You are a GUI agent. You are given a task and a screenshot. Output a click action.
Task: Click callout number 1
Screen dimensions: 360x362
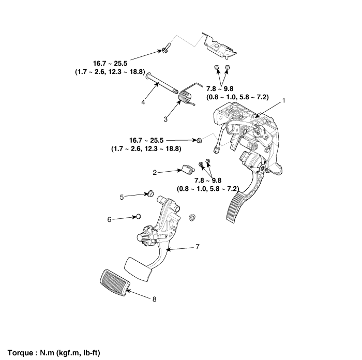tap(283, 101)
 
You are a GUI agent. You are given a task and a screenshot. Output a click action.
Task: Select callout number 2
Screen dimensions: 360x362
tap(155, 172)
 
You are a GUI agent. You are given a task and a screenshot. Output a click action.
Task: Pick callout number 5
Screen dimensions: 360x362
tap(122, 197)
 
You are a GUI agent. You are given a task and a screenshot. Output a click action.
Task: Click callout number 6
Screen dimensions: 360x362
tap(109, 219)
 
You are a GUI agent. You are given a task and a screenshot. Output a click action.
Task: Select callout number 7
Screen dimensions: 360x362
tap(198, 247)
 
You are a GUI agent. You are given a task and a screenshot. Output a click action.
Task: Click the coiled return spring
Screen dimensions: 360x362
tap(185, 96)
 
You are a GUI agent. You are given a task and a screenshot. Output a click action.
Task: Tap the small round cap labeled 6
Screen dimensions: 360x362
tap(138, 215)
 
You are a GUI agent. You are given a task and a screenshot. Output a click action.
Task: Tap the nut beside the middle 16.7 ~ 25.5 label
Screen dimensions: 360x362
tap(199, 140)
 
